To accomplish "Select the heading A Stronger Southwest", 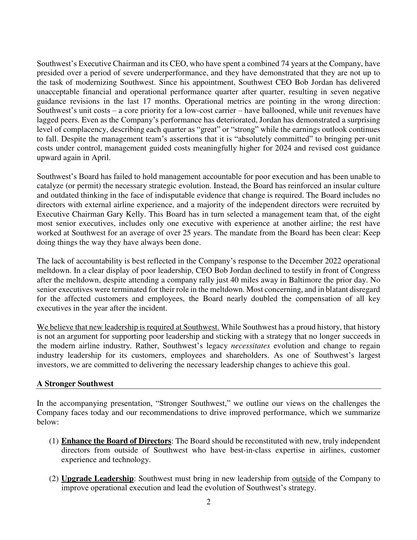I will pyautogui.click(x=75, y=384).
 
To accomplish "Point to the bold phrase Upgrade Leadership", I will pyautogui.click(x=97, y=478).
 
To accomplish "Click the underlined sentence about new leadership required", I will pyautogui.click(x=128, y=327).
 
